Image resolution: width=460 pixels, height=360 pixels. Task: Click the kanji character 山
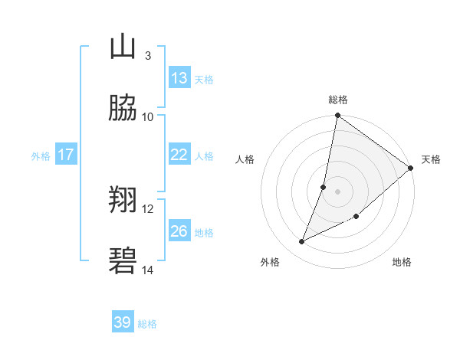[123, 47]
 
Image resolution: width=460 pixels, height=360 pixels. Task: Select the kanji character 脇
[123, 109]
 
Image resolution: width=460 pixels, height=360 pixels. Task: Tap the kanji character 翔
[123, 201]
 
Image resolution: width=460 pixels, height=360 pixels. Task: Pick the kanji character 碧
[123, 262]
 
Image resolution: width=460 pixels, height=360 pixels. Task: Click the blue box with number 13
[179, 78]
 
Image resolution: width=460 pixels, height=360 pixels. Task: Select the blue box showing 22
[179, 155]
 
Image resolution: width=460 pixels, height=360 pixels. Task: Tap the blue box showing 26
[179, 231]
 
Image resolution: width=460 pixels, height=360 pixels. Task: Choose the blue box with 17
[66, 155]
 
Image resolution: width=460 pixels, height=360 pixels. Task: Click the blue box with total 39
[122, 322]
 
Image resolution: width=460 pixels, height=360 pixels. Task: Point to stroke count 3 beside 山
[147, 55]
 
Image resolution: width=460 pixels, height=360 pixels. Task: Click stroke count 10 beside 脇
[148, 116]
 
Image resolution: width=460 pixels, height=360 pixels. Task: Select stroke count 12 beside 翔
[148, 208]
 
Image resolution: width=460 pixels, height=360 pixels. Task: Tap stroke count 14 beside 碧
[148, 270]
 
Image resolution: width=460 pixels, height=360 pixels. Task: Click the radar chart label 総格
[337, 100]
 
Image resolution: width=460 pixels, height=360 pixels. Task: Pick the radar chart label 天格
[431, 159]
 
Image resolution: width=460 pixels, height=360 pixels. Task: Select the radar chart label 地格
[402, 263]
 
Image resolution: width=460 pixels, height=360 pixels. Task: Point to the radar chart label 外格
[270, 263]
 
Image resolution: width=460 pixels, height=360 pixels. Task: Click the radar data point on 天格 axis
[411, 169]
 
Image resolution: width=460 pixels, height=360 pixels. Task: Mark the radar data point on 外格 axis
[302, 242]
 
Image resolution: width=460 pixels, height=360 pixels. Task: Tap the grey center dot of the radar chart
[337, 191]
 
